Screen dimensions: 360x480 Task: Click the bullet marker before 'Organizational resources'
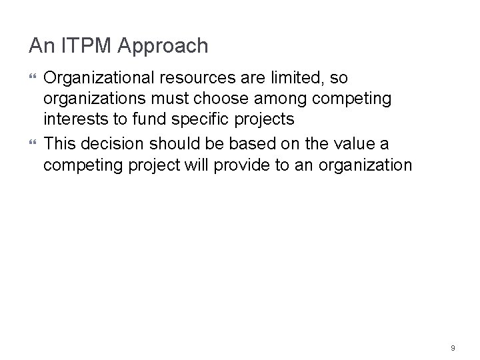coord(33,79)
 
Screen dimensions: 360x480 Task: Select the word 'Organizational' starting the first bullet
coord(89,78)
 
